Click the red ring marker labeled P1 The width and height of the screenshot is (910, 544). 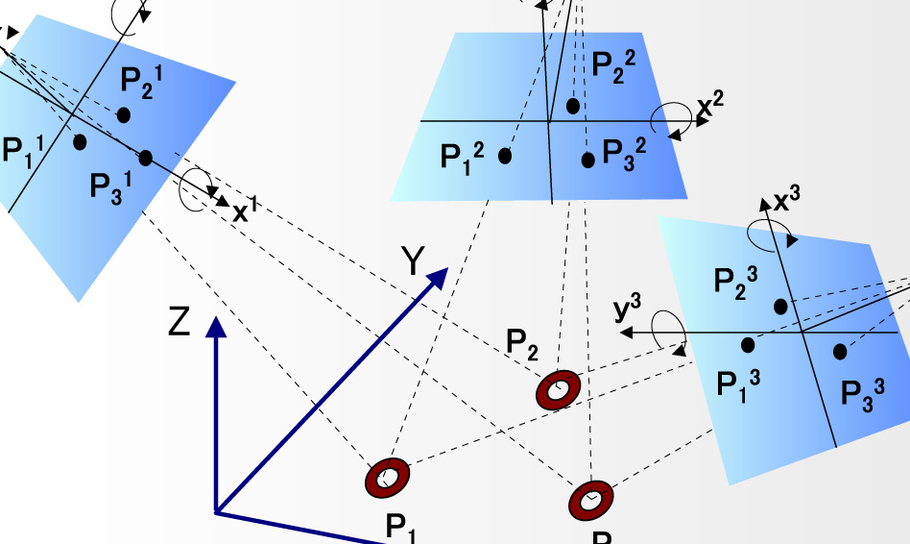pos(388,478)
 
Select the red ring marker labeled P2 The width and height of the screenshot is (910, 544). pos(557,389)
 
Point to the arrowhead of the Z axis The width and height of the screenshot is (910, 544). pos(217,328)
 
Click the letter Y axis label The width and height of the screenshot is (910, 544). pos(413,260)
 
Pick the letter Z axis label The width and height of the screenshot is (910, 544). pos(180,323)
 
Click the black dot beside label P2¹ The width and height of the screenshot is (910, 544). pos(124,114)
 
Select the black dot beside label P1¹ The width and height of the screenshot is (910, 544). pos(80,142)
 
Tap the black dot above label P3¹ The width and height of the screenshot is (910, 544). pos(145,159)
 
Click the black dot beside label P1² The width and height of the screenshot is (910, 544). pos(505,155)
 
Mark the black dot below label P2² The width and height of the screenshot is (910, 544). pos(573,106)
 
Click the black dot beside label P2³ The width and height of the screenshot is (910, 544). pos(781,306)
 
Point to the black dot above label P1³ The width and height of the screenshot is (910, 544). pos(749,344)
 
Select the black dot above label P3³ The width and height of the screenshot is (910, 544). pos(840,352)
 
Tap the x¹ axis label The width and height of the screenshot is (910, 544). pos(247,211)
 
